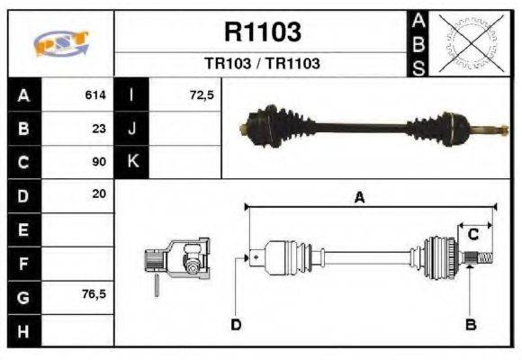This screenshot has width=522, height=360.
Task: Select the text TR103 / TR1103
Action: [261, 64]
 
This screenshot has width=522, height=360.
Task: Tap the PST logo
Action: [60, 43]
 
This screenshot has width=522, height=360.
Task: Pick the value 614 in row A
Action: [95, 94]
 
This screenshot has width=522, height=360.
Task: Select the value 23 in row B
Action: [100, 129]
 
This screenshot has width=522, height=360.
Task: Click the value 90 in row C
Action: [100, 163]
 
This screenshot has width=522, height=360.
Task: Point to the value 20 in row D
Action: [100, 193]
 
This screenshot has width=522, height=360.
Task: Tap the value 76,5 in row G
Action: [94, 294]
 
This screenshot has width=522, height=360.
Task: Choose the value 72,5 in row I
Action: [202, 94]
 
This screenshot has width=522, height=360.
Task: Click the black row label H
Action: [22, 330]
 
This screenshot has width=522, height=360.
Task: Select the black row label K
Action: [131, 162]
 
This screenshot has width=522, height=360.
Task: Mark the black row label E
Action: [22, 229]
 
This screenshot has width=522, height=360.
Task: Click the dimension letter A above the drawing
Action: [359, 198]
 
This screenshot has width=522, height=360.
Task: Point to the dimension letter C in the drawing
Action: [472, 235]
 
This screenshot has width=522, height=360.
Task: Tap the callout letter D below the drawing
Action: [236, 323]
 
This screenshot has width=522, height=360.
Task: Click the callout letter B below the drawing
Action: [470, 323]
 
